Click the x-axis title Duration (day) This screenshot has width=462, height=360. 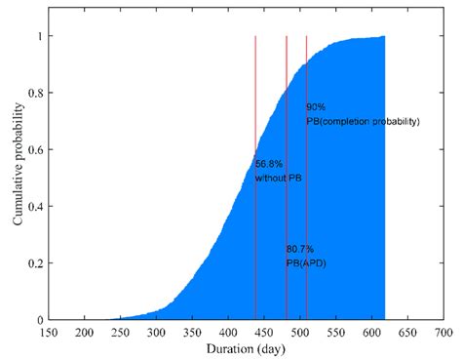pos(245,348)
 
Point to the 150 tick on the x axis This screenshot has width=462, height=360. pos(49,333)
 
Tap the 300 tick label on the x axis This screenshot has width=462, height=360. pos(157,333)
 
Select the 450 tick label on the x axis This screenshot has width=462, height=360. pos(264,333)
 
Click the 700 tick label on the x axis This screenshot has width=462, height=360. pos(443,333)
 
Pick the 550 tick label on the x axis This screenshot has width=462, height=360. pos(336,333)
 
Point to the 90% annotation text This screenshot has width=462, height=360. pos(316,106)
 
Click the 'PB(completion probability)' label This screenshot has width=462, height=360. pos(363,121)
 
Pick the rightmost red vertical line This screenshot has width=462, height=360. pos(306,195)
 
